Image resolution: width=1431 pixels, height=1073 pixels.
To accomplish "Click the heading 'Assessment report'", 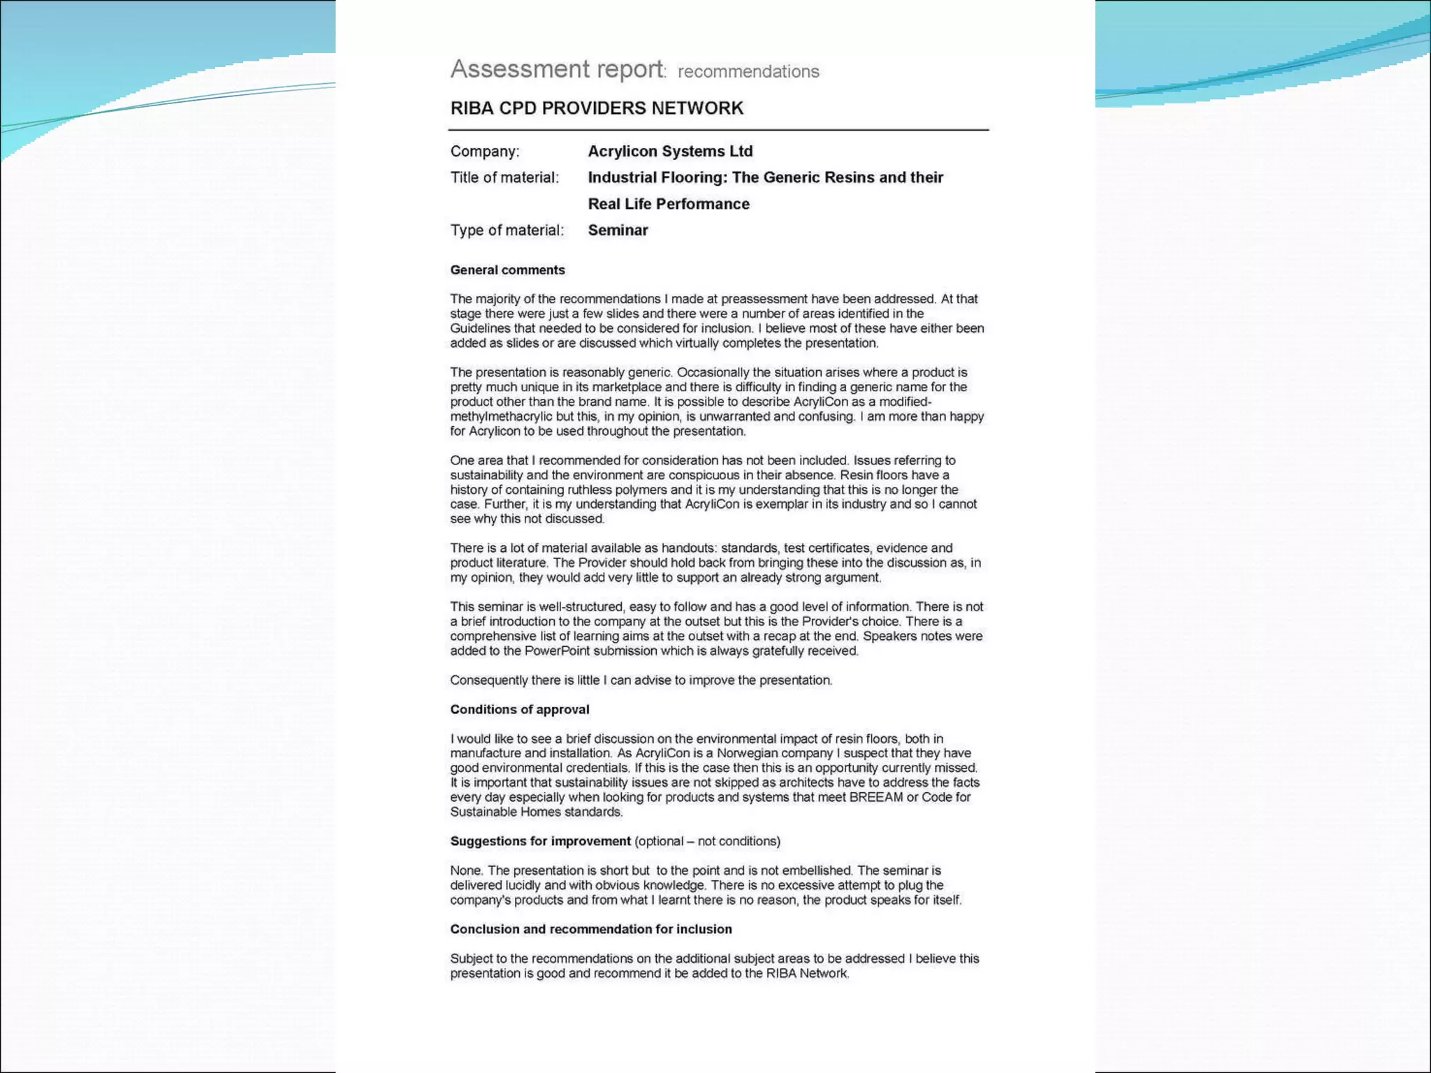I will tap(557, 69).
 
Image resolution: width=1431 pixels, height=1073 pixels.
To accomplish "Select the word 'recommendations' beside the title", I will tap(748, 72).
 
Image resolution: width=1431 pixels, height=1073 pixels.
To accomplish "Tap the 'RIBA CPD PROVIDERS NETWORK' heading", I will tap(597, 108).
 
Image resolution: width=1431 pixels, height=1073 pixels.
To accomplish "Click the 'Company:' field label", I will tap(485, 152).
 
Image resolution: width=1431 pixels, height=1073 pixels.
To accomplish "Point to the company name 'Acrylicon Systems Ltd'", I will tap(670, 152).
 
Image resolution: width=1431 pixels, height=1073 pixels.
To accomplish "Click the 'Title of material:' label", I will tap(504, 177).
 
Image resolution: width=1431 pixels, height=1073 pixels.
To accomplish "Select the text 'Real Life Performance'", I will tap(669, 204).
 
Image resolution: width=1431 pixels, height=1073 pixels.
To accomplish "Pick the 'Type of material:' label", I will tap(507, 231).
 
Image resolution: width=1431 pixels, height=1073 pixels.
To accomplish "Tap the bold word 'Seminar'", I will tap(618, 231).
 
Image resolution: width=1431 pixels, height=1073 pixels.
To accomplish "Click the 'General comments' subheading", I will tap(507, 270).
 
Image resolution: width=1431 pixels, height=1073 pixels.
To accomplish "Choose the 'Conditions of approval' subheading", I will tap(519, 710).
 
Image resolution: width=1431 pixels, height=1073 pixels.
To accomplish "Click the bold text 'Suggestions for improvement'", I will tap(540, 842).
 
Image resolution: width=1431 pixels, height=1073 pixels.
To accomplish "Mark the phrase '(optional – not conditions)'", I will tap(707, 842).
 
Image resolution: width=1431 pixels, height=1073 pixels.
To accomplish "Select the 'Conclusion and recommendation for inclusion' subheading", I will tap(590, 930).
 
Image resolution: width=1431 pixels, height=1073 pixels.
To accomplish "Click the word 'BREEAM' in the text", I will tap(876, 798).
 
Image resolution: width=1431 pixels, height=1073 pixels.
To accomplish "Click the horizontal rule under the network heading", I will tap(718, 130).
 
